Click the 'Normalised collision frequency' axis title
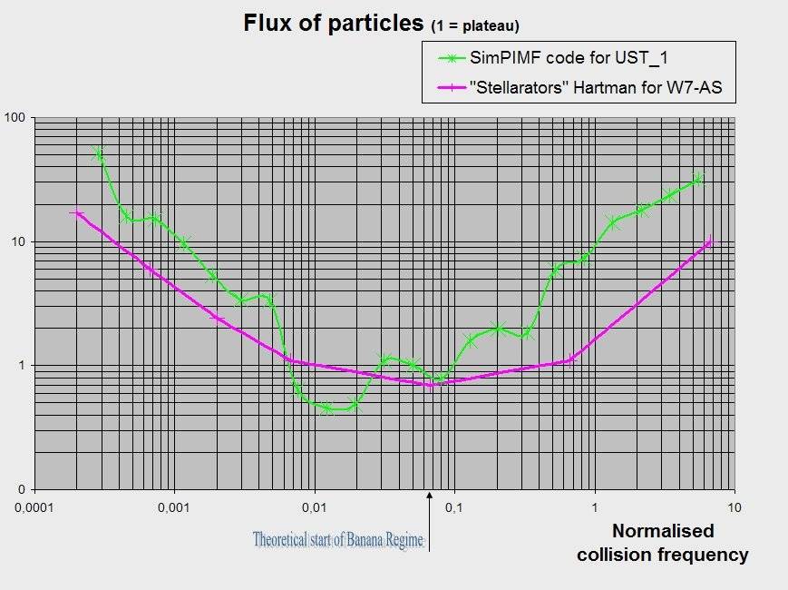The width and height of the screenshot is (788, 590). click(x=663, y=542)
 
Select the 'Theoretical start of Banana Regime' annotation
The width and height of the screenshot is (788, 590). click(x=338, y=540)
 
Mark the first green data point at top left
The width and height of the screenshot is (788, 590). click(x=99, y=154)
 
